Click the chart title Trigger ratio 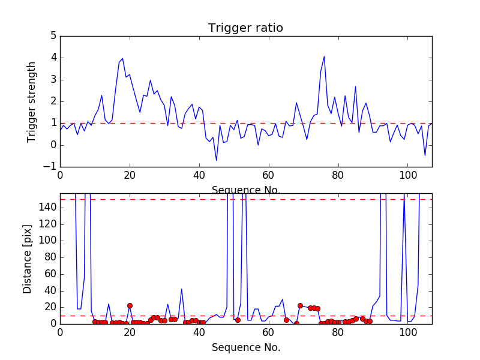pyautogui.click(x=245, y=28)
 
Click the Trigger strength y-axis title pyautogui.click(x=32, y=101)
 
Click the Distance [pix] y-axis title pyautogui.click(x=28, y=259)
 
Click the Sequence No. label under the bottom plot pyautogui.click(x=246, y=347)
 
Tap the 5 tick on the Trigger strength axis pyautogui.click(x=53, y=36)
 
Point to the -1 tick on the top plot pyautogui.click(x=50, y=167)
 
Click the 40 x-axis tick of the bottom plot pyautogui.click(x=199, y=332)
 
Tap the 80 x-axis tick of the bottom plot pyautogui.click(x=338, y=332)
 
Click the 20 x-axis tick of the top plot pyautogui.click(x=130, y=175)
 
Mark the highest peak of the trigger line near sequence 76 pyautogui.click(x=324, y=56)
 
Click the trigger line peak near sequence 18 pyautogui.click(x=122, y=59)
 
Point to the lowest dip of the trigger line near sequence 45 pyautogui.click(x=217, y=160)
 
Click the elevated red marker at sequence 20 pyautogui.click(x=130, y=305)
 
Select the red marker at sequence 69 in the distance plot pyautogui.click(x=300, y=305)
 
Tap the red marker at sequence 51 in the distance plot pyautogui.click(x=238, y=320)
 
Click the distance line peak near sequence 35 pyautogui.click(x=182, y=289)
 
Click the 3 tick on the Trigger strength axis pyautogui.click(x=53, y=80)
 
